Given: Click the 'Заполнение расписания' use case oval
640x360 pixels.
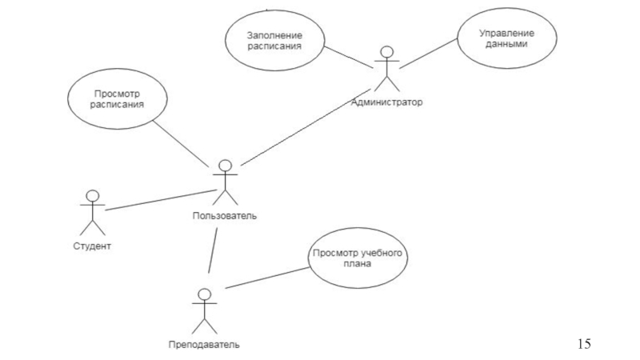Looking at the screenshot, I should point(274,41).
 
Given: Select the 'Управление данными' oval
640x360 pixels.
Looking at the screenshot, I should point(495,41).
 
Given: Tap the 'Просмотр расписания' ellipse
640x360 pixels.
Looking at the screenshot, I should point(117,98).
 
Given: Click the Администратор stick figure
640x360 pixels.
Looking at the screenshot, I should point(387,70).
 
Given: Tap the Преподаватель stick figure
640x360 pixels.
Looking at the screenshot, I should point(204,312).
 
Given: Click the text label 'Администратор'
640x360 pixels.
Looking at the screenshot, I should point(386,103).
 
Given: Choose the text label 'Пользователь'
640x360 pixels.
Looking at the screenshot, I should point(225,215).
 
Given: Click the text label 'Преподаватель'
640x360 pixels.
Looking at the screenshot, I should point(203,345).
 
